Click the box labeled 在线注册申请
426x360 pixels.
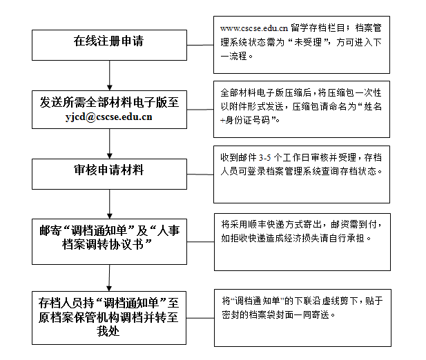tap(109, 45)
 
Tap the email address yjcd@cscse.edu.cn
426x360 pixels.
tap(108, 117)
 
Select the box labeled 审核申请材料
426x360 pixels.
tap(109, 174)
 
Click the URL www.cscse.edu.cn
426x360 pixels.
tap(254, 28)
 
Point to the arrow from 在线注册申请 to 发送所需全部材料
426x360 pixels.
tap(110, 75)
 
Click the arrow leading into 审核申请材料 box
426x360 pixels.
tap(110, 143)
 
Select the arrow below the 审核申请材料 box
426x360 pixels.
tap(110, 204)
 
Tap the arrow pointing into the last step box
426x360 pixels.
tap(109, 278)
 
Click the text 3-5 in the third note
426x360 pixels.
tap(264, 158)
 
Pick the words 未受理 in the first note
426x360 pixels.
tap(308, 42)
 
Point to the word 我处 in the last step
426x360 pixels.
tap(108, 331)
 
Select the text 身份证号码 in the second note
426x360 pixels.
tap(247, 120)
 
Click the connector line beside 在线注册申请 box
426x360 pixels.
tap(200, 45)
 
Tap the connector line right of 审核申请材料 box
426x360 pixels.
tap(200, 174)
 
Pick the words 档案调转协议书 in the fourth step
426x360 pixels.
tap(103, 245)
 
